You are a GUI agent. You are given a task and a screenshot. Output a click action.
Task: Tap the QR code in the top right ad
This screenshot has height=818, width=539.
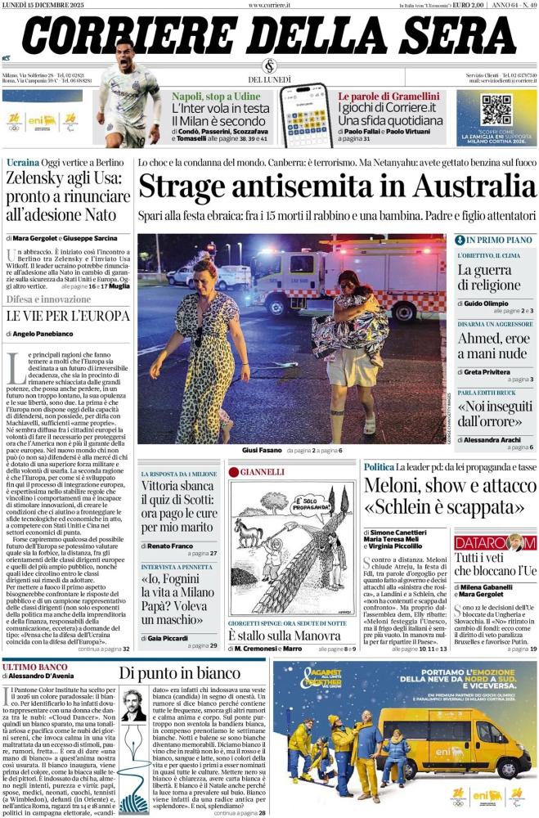click(x=495, y=108)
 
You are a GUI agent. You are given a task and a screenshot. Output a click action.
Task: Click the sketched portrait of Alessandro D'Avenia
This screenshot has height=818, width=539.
click(x=133, y=708)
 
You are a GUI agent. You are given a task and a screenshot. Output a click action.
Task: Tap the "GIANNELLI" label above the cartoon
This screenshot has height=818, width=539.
click(x=262, y=471)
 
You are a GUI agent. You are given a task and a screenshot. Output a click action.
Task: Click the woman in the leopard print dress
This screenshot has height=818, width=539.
click(x=202, y=344)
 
